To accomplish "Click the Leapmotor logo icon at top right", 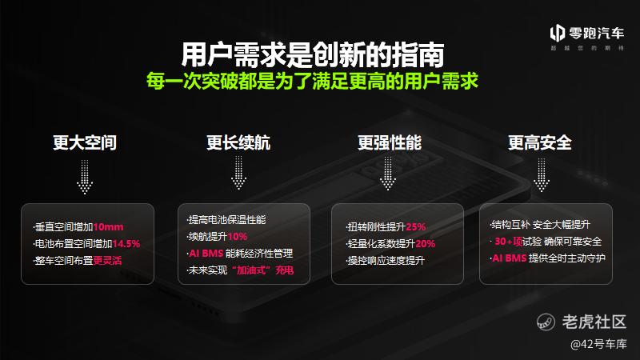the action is pyautogui.click(x=557, y=33).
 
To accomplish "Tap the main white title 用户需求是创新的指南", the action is pyautogui.click(x=313, y=54).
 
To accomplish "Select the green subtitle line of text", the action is pyautogui.click(x=312, y=81).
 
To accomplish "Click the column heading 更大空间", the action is pyautogui.click(x=85, y=142).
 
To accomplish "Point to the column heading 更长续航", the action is pyautogui.click(x=238, y=142).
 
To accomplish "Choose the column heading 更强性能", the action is pyautogui.click(x=390, y=142).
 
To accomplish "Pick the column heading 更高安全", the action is pyautogui.click(x=539, y=142).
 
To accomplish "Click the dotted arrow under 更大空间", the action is pyautogui.click(x=85, y=177).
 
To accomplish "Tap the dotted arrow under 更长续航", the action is pyautogui.click(x=238, y=173).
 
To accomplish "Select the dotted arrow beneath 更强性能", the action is pyautogui.click(x=388, y=174).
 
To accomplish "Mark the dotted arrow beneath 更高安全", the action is pyautogui.click(x=542, y=175).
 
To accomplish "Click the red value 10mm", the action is pyautogui.click(x=108, y=227).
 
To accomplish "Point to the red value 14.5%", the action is pyautogui.click(x=126, y=244).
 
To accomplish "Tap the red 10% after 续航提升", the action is pyautogui.click(x=238, y=236).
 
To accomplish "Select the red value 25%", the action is pyautogui.click(x=416, y=227).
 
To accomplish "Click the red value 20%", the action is pyautogui.click(x=426, y=244).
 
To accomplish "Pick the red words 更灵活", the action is pyautogui.click(x=107, y=261).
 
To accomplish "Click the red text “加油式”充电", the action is pyautogui.click(x=262, y=270).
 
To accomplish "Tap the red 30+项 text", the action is pyautogui.click(x=509, y=242).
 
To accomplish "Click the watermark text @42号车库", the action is pyautogui.click(x=598, y=344).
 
